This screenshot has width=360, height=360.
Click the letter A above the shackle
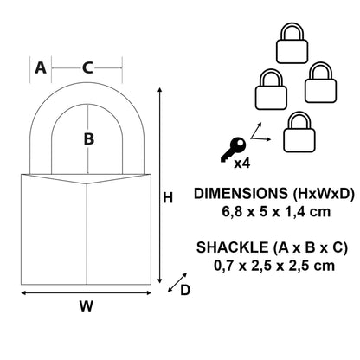pos(40,68)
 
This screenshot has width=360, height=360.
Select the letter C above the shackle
pos(87,68)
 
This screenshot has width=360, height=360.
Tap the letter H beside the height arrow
pos(169,198)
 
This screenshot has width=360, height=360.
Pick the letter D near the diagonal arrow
pos(184,290)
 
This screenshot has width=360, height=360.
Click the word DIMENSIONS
pos(235,194)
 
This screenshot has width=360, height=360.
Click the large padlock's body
pos(87,228)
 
